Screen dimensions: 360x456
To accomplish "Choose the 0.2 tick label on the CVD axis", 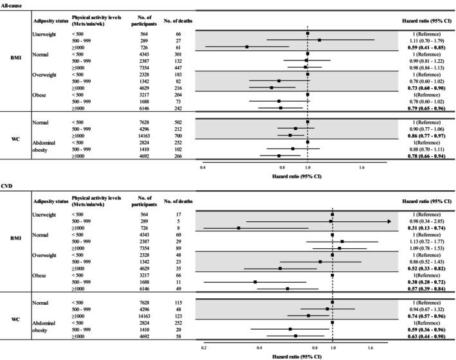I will pyautogui.click(x=204, y=348).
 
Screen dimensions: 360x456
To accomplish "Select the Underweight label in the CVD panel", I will pyautogui.click(x=48, y=214).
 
